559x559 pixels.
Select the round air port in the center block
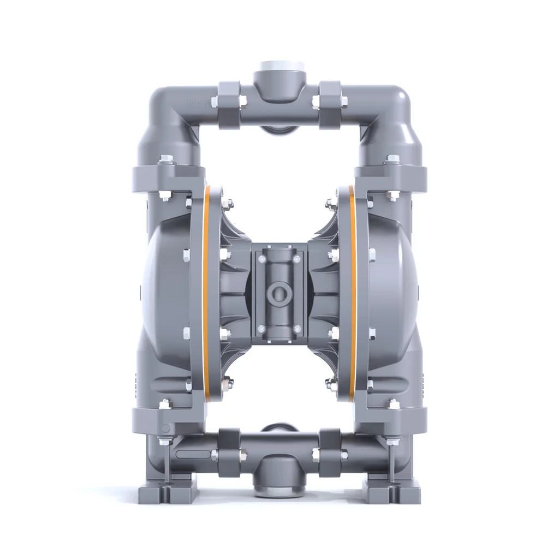279,293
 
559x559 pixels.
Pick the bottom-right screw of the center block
297,329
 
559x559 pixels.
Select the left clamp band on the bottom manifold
229,452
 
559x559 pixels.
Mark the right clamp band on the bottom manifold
330,452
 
